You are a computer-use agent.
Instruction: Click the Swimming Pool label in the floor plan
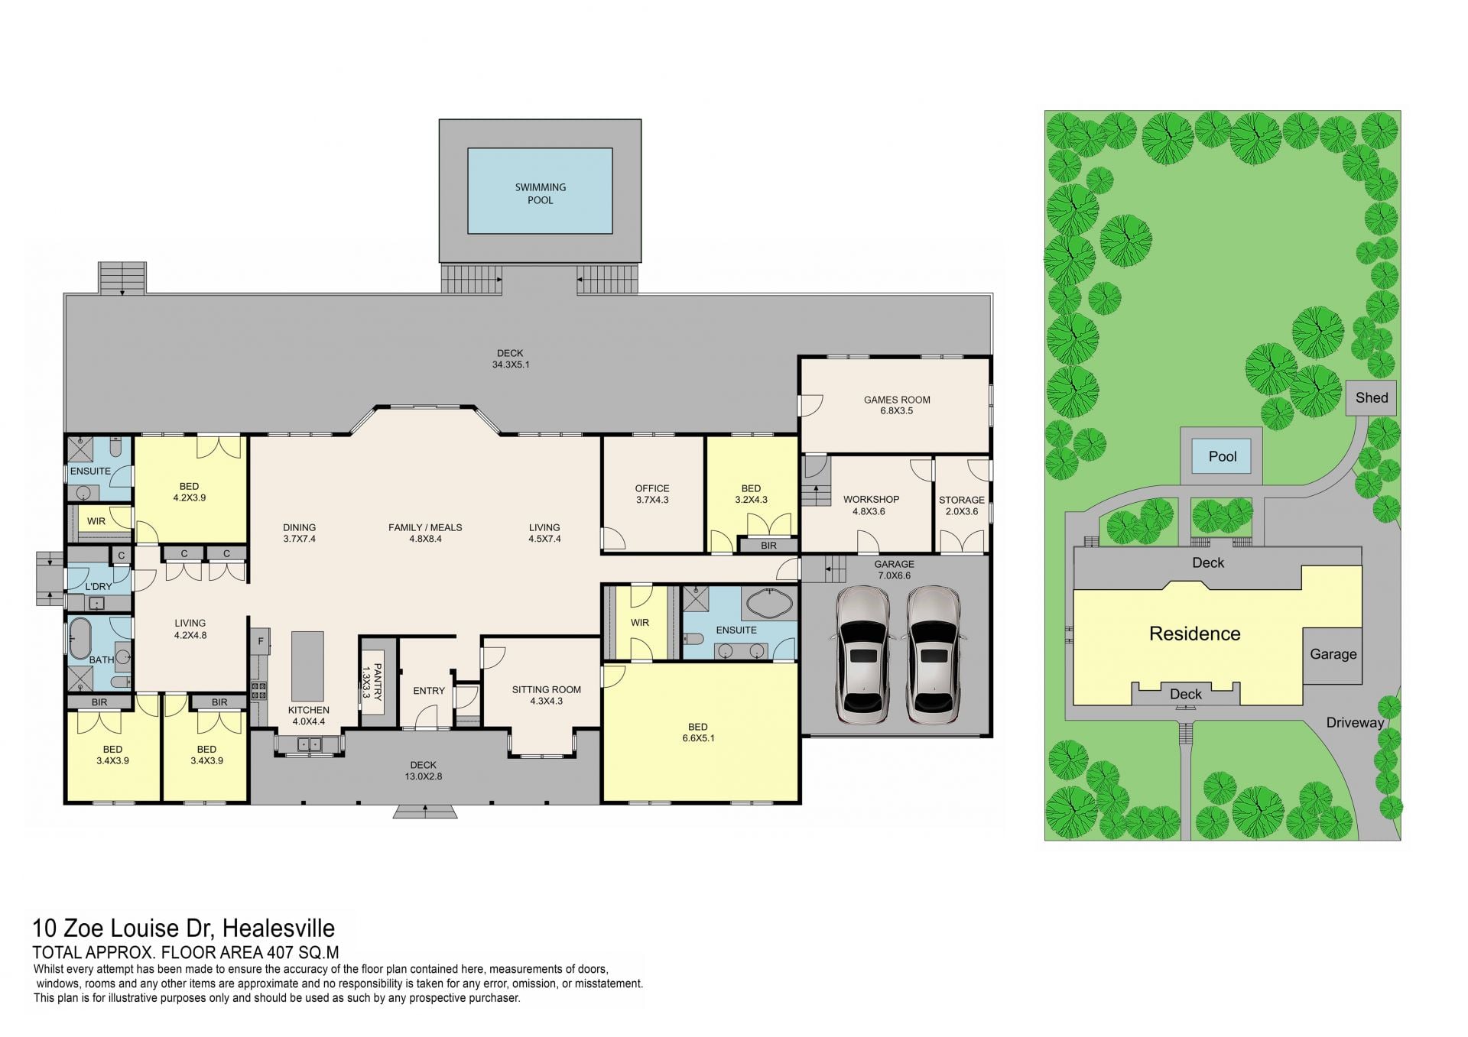(540, 193)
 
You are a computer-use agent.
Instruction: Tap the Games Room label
(897, 405)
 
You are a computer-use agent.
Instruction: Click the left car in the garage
(863, 654)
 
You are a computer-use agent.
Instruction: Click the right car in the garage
(933, 654)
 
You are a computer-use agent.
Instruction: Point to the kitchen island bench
(307, 667)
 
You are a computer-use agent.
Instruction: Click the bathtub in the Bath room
(80, 639)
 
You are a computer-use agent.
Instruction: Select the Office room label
(651, 494)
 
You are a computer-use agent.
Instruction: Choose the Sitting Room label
(547, 695)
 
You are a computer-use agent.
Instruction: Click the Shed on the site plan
(1372, 398)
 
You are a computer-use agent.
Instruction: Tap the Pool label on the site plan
(1223, 456)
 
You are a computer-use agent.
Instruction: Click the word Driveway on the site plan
(1355, 723)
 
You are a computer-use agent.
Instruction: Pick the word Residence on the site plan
(1194, 634)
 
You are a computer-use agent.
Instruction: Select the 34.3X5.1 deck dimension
(511, 365)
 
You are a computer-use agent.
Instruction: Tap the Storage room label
(962, 505)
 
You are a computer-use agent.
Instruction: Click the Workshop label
(871, 505)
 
